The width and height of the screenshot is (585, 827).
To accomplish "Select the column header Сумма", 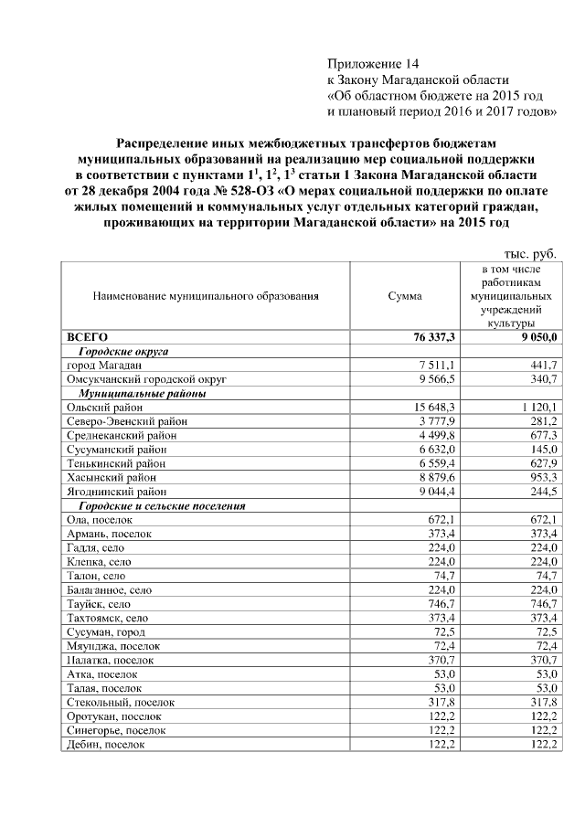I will click(x=404, y=296).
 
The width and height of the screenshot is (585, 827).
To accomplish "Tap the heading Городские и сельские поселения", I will click(x=163, y=506).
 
